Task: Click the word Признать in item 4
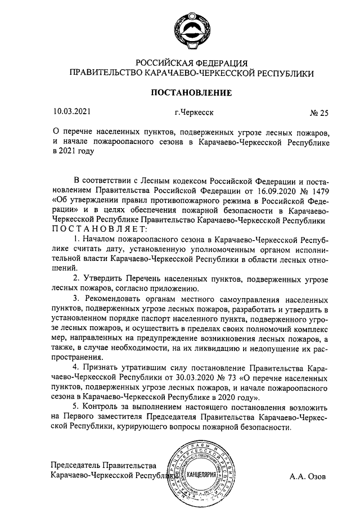coord(101,368)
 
